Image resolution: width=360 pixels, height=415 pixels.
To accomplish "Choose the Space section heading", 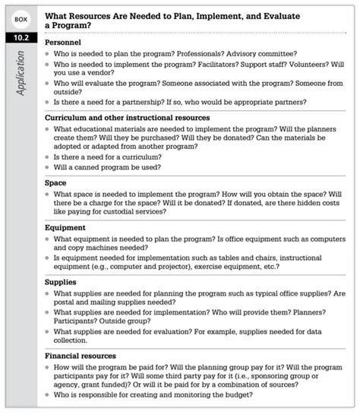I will point(56,183).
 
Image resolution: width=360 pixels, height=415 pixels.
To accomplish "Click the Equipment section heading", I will point(65,227).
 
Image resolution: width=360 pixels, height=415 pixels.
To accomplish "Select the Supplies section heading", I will point(62,281).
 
